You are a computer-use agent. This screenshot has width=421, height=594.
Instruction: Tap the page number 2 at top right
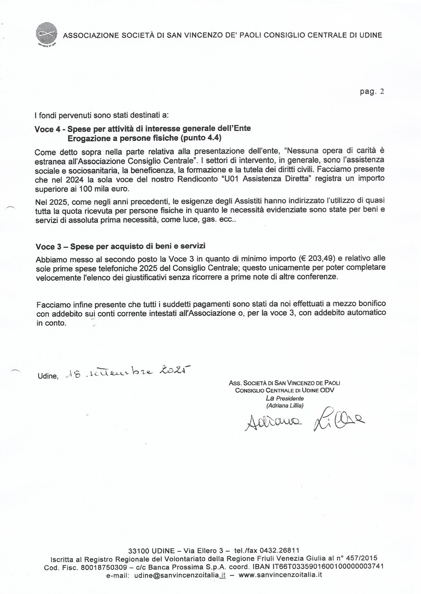pyautogui.click(x=382, y=91)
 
